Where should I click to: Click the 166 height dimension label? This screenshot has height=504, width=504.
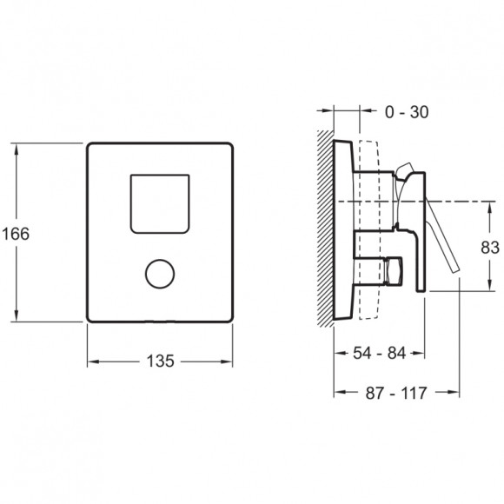tap(16, 234)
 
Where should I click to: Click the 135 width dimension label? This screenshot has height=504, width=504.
tap(161, 361)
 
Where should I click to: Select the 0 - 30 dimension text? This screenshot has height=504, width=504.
tap(407, 112)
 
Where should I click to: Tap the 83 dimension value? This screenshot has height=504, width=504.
tap(490, 248)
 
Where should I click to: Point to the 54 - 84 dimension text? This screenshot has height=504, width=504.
tap(379, 353)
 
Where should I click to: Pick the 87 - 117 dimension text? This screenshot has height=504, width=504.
tap(396, 393)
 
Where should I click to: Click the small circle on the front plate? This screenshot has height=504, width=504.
tap(160, 274)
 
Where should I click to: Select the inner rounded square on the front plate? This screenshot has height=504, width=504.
tap(160, 204)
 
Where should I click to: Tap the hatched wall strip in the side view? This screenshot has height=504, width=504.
tap(325, 229)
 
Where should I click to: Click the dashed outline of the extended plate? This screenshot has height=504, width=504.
tap(369, 229)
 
